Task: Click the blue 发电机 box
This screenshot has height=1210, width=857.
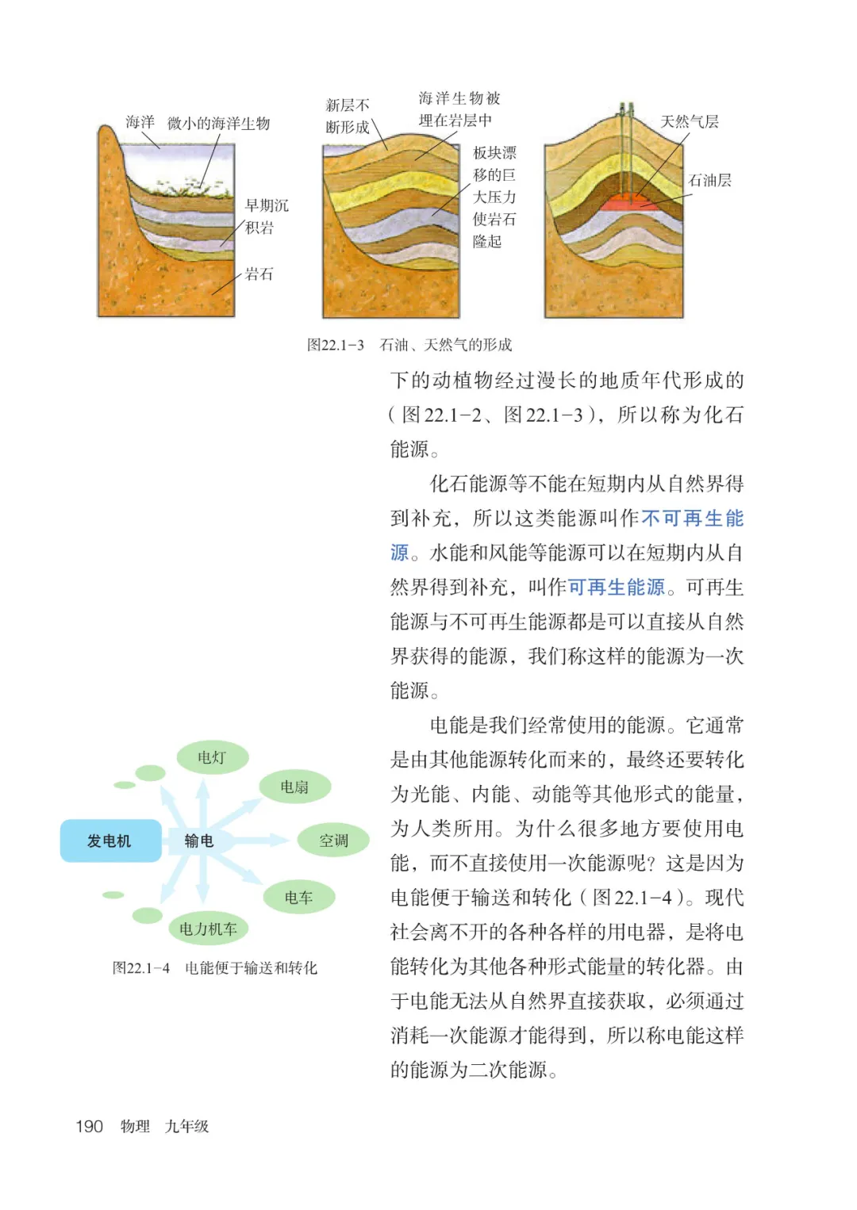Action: (x=110, y=841)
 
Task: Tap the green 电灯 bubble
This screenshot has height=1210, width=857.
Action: (x=211, y=758)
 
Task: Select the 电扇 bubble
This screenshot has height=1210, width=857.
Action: (x=294, y=787)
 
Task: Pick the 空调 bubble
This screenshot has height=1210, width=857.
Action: (x=333, y=840)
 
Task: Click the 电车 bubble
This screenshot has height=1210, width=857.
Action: (x=298, y=898)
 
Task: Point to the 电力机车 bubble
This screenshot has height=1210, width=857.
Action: (x=208, y=929)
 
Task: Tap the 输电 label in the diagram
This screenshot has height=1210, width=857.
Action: (x=198, y=841)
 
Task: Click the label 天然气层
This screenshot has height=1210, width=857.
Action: (x=690, y=122)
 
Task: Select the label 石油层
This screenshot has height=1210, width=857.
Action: (x=709, y=181)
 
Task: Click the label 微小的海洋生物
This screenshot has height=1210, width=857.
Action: (x=219, y=124)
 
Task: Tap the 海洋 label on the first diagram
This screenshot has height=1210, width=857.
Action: (x=140, y=122)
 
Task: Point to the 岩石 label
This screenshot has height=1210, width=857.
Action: (x=259, y=274)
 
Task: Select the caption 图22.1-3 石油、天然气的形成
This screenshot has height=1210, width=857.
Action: (x=409, y=345)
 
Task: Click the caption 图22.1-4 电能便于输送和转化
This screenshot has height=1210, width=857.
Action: (x=214, y=968)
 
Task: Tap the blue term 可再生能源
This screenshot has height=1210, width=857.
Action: (x=616, y=588)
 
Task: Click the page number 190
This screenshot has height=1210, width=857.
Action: (x=90, y=1127)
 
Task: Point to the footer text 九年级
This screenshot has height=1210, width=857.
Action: (x=186, y=1127)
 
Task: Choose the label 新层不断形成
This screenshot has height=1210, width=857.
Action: (x=348, y=116)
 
